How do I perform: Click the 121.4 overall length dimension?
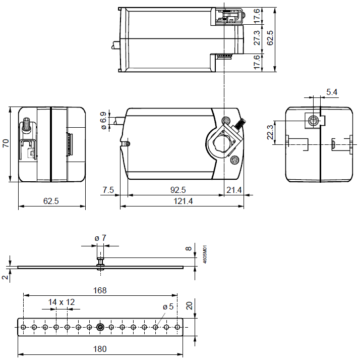pyautogui.click(x=183, y=201)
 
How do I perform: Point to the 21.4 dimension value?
pyautogui.click(x=234, y=190)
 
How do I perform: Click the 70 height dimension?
pyautogui.click(x=6, y=143)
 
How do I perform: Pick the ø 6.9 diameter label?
pyautogui.click(x=104, y=121)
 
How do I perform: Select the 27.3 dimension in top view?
pyautogui.click(x=257, y=39)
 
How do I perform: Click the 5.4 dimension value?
pyautogui.click(x=332, y=92)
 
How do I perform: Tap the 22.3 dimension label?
pyautogui.click(x=271, y=132)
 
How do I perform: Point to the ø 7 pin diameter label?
pyautogui.click(x=101, y=238)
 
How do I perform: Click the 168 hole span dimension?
pyautogui.click(x=100, y=290)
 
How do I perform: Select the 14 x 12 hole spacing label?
pyautogui.click(x=62, y=302)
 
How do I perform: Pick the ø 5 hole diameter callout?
pyautogui.click(x=168, y=306)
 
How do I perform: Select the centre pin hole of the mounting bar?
pyautogui.click(x=100, y=327)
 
